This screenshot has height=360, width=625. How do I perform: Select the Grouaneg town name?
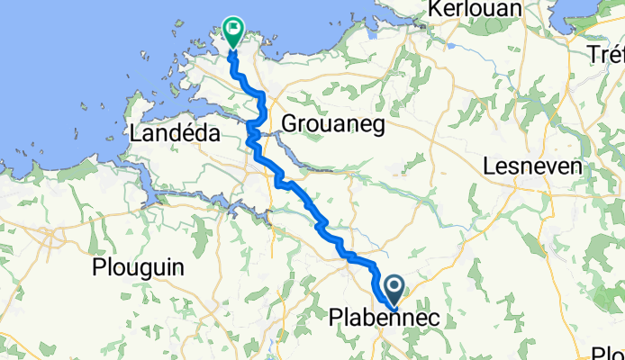coord(333,123)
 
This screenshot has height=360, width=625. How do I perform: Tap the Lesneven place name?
coord(533,166)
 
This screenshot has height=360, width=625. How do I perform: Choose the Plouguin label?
coord(138,267)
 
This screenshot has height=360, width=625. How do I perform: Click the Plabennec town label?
coord(383,318)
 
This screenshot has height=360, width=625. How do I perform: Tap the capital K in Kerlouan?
coord(437,8)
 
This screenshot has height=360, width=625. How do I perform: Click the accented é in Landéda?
coord(190,134)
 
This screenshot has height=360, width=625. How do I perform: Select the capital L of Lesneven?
coord(489,166)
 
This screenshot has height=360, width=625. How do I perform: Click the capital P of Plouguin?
coord(98,267)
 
